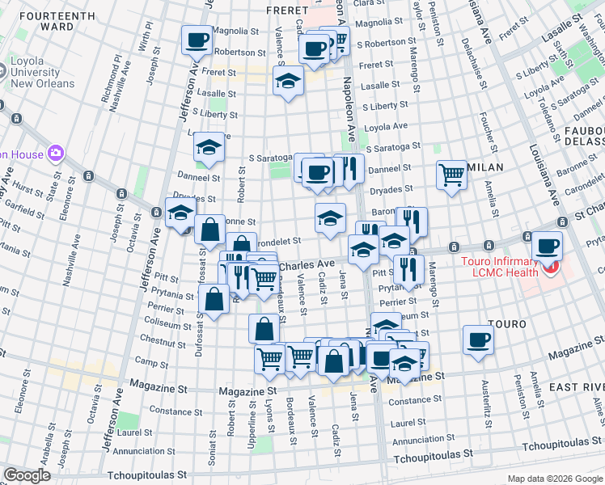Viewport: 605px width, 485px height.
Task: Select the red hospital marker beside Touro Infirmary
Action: (x=551, y=267)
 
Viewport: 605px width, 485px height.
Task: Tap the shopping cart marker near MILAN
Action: (x=451, y=174)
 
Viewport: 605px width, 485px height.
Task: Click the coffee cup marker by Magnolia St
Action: (x=196, y=40)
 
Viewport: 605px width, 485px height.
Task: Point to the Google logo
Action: (x=27, y=475)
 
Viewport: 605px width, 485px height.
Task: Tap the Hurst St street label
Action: (x=27, y=192)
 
